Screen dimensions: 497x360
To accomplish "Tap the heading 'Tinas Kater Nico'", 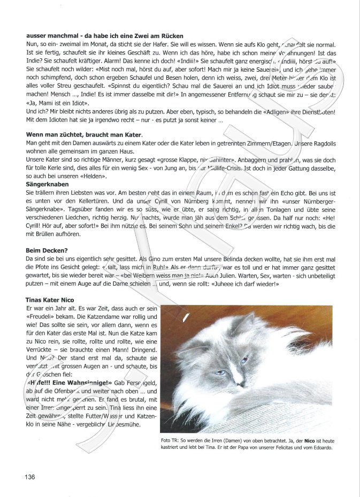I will click(50, 299).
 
